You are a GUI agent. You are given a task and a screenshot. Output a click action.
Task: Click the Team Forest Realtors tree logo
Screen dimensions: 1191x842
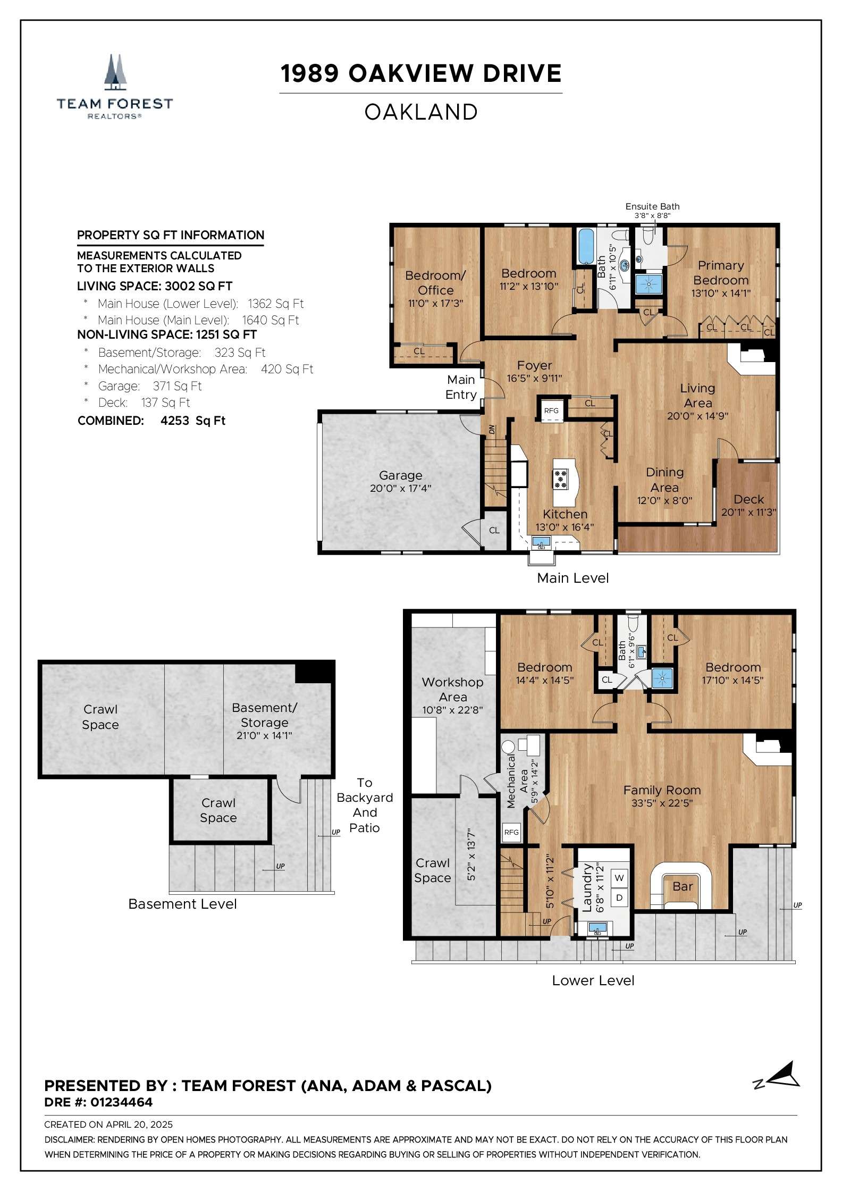tap(115, 72)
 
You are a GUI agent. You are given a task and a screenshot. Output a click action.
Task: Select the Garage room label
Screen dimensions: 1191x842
tap(400, 475)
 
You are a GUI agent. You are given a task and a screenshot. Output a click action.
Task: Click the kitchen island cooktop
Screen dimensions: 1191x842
tap(560, 479)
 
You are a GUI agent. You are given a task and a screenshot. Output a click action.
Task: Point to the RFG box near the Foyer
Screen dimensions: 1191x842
tap(551, 410)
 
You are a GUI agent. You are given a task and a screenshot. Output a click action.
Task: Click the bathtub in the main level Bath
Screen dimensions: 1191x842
tap(585, 246)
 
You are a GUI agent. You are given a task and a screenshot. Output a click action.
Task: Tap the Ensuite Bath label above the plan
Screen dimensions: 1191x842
tap(652, 206)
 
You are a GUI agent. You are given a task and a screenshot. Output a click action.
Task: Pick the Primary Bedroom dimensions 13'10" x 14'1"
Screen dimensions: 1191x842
tap(721, 293)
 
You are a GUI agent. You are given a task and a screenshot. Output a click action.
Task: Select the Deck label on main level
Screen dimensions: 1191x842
tap(748, 499)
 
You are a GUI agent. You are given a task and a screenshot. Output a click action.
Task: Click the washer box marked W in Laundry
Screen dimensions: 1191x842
tap(619, 878)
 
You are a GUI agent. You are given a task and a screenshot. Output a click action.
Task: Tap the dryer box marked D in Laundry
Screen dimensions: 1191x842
tap(619, 898)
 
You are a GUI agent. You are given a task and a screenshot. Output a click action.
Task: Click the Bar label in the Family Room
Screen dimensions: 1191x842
tap(683, 886)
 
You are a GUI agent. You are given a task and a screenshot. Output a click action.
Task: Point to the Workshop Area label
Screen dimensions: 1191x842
tap(452, 689)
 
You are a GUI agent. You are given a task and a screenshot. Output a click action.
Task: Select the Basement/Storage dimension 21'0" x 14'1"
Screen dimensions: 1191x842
tap(264, 736)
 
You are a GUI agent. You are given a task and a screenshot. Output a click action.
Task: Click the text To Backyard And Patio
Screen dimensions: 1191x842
tap(365, 805)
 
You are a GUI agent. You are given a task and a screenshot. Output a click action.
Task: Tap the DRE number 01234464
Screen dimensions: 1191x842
tap(121, 1102)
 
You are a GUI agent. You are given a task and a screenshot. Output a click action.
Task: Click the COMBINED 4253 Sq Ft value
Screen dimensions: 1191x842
tap(192, 421)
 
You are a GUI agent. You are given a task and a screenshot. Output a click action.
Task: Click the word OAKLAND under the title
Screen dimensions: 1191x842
tap(421, 112)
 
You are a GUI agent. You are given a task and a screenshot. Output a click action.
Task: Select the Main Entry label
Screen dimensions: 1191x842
tap(461, 387)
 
